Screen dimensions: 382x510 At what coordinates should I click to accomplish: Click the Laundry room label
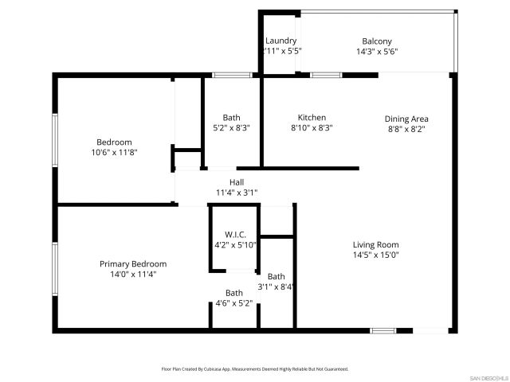280,41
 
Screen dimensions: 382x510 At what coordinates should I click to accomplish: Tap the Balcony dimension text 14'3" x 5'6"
378,51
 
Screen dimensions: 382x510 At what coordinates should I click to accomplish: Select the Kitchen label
312,117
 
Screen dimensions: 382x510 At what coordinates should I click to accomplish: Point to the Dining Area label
406,119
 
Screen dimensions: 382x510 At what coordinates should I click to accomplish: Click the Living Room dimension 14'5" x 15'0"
376,255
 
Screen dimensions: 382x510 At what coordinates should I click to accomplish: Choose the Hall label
237,182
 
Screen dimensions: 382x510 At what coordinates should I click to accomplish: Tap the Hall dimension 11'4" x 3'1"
237,193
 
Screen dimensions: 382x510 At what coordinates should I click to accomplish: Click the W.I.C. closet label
235,235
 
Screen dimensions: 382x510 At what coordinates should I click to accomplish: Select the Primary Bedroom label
133,263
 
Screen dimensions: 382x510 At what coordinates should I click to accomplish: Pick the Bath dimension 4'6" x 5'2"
234,302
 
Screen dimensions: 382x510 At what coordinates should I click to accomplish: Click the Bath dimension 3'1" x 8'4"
277,286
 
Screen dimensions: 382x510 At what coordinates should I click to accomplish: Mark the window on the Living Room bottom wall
383,330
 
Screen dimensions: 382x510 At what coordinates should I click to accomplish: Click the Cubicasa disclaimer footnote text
255,369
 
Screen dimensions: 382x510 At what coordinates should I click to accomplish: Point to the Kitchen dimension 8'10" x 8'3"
312,127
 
